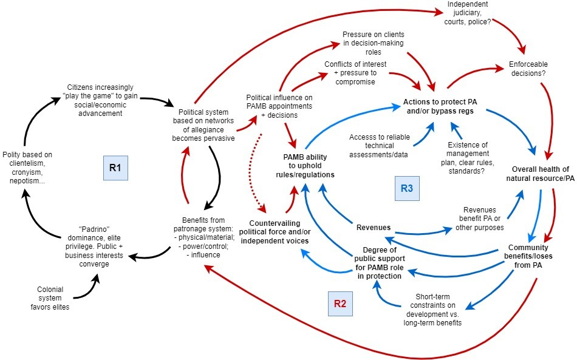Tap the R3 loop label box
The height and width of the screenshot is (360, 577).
pyautogui.click(x=407, y=189)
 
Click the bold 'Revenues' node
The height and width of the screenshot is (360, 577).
pyautogui.click(x=373, y=228)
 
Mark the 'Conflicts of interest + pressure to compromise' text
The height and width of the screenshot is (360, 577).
pyautogui.click(x=355, y=73)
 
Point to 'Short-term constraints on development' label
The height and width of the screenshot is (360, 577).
pyautogui.click(x=432, y=310)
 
